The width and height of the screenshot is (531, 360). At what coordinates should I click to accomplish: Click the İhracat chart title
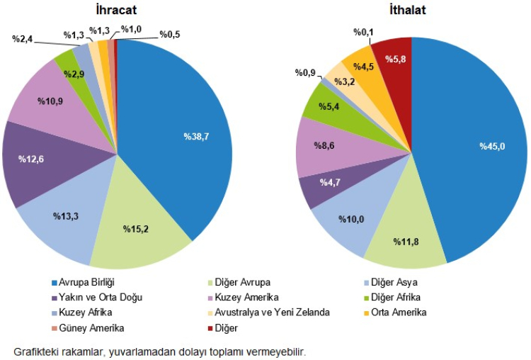click(x=116, y=10)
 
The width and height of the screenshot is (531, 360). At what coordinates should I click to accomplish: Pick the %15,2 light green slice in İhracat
click(x=139, y=234)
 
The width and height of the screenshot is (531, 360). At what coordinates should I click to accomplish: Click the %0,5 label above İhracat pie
click(x=169, y=33)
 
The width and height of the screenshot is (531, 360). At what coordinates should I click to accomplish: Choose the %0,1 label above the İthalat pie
click(x=365, y=31)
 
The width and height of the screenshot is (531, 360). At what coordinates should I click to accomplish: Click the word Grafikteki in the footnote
click(x=33, y=351)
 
